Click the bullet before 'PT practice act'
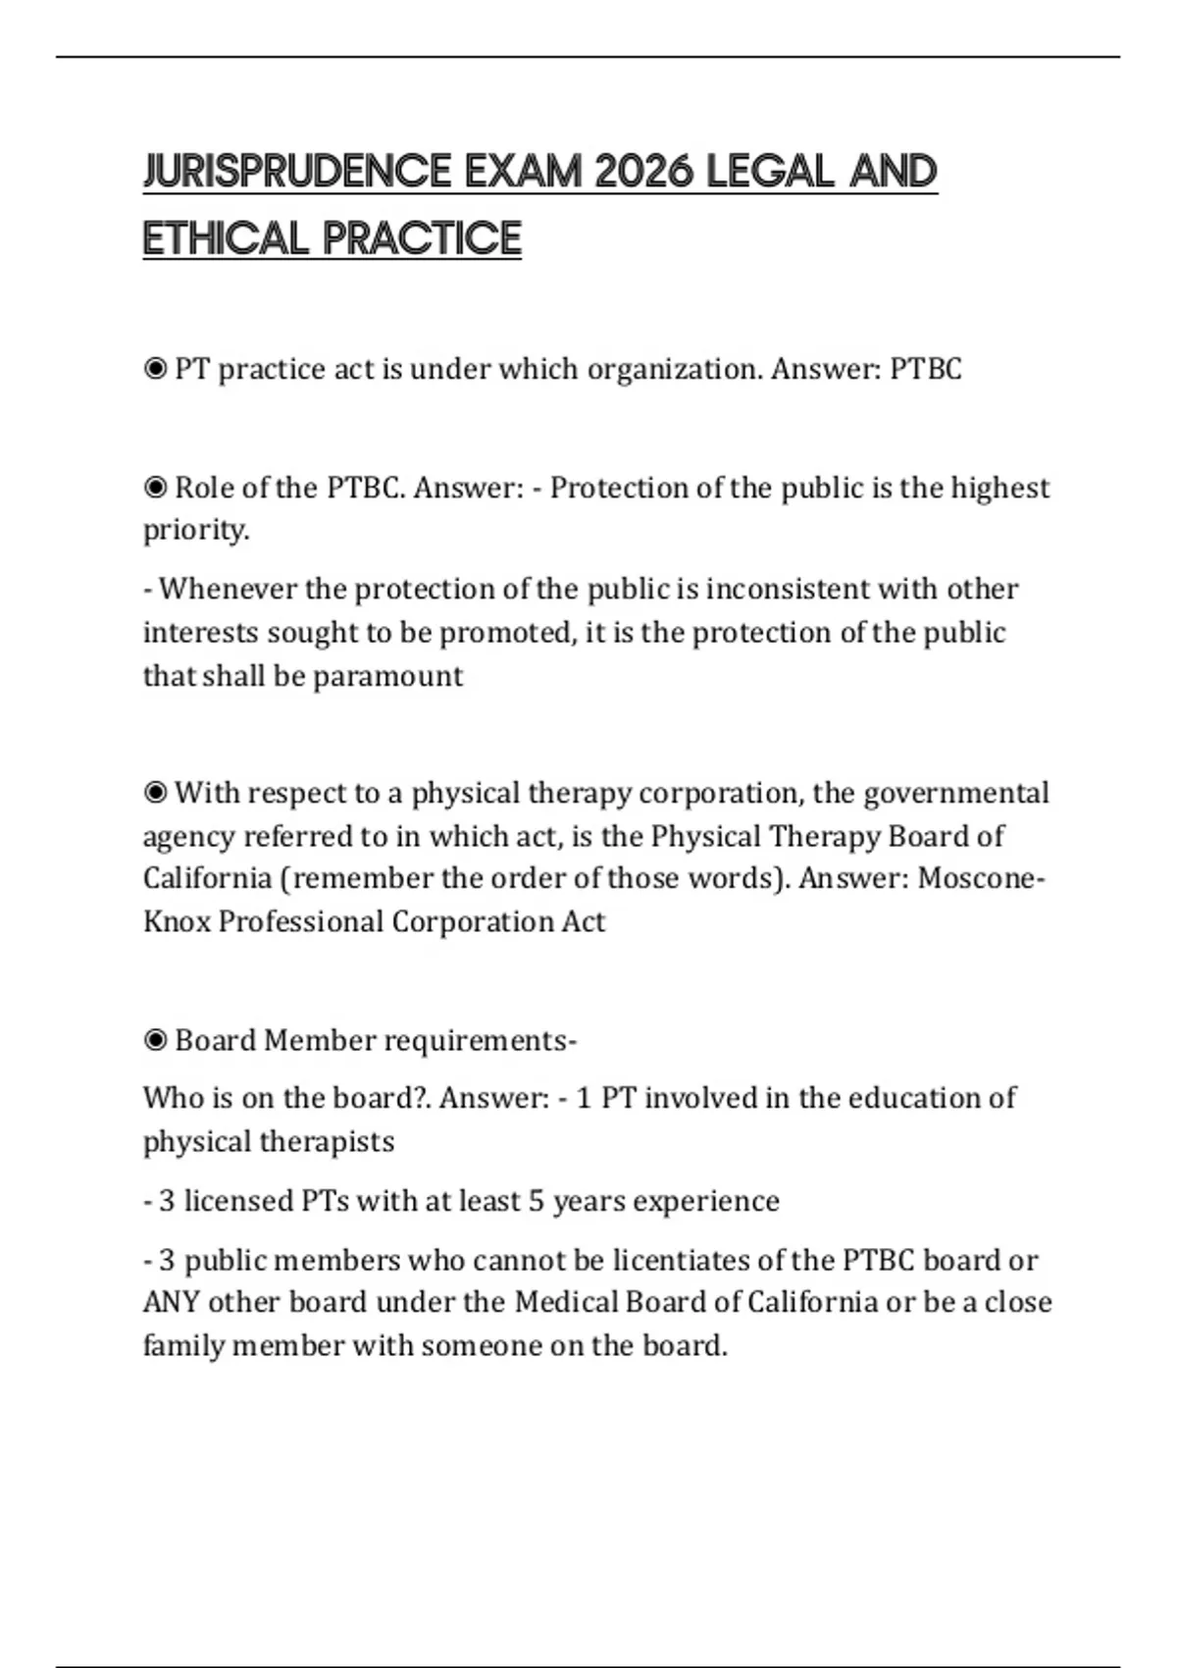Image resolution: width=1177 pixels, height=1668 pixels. pyautogui.click(x=155, y=369)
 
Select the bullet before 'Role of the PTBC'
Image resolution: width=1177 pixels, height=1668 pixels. pyautogui.click(x=155, y=488)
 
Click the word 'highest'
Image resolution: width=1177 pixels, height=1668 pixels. pyautogui.click(x=999, y=488)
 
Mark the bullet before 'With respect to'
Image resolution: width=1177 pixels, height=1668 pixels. pyautogui.click(x=155, y=793)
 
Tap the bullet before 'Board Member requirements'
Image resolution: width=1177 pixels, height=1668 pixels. pyautogui.click(x=155, y=1040)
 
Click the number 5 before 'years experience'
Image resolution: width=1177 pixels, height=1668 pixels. pyautogui.click(x=536, y=1201)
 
